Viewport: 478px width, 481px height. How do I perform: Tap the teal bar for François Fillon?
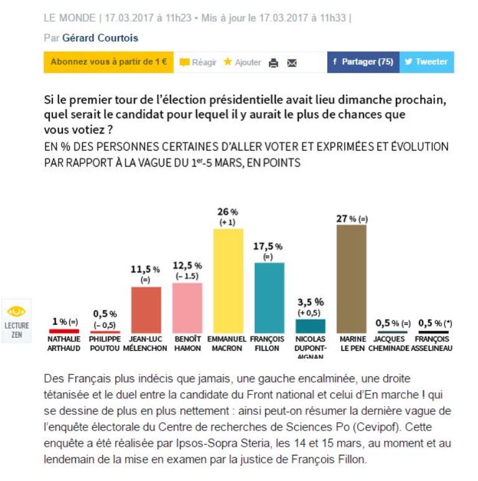coord(269,298)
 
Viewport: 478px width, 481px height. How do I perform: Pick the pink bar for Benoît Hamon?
coord(187,308)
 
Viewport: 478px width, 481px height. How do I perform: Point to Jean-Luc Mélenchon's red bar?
coord(146,310)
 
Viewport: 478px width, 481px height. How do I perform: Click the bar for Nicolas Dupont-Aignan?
coord(311,326)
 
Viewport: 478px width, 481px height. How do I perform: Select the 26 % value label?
coord(227,212)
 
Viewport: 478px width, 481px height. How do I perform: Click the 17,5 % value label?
coord(268,247)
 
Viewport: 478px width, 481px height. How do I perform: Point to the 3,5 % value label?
coord(309,302)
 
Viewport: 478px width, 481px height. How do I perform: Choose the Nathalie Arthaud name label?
coord(64,344)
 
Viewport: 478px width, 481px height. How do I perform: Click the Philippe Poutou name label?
coord(105,344)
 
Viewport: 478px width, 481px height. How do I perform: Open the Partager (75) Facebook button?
coord(363,62)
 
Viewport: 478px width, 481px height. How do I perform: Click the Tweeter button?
coord(426,62)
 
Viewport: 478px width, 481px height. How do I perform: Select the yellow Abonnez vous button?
coord(108,62)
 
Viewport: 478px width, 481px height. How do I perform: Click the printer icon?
coord(273,63)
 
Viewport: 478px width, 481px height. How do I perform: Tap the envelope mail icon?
coord(291,63)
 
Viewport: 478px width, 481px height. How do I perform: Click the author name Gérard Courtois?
coord(100,38)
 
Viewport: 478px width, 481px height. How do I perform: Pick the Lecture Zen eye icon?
coord(14,311)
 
